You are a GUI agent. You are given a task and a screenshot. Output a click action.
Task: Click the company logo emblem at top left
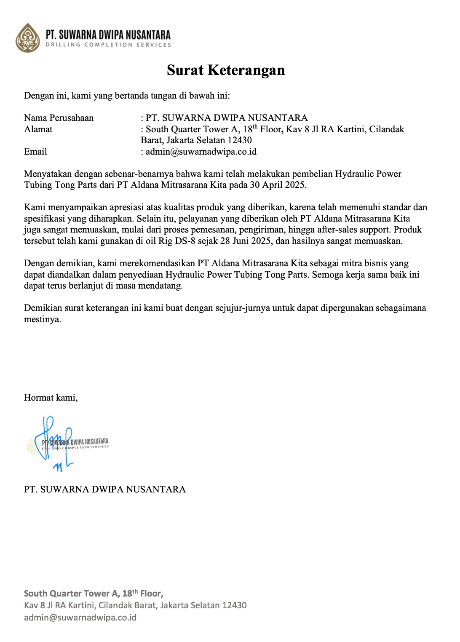(28, 38)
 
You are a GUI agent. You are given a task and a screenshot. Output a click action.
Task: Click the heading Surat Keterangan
(226, 70)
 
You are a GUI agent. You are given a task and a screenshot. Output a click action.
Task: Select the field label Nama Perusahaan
(59, 118)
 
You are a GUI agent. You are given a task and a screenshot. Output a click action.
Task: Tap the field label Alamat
(38, 129)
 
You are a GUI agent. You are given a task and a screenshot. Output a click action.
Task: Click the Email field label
(35, 152)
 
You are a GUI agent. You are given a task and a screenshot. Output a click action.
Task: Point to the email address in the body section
(201, 152)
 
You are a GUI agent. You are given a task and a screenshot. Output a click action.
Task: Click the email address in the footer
(80, 618)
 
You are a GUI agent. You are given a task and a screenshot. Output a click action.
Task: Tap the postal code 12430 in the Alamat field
(240, 140)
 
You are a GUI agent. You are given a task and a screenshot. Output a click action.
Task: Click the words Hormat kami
(51, 398)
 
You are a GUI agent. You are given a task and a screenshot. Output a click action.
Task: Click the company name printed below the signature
(105, 490)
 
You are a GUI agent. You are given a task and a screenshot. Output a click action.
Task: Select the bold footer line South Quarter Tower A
(94, 594)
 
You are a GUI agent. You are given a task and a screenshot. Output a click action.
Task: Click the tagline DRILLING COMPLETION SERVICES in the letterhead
(108, 45)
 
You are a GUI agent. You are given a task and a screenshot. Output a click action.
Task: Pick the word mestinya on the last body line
(43, 319)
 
